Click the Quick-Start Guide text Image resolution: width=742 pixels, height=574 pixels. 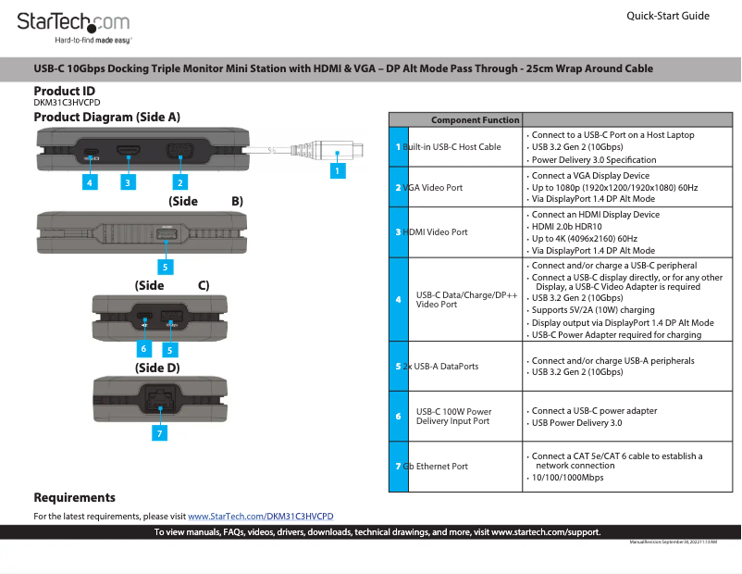[x=667, y=16]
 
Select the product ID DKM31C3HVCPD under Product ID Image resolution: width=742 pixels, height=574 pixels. [x=67, y=103]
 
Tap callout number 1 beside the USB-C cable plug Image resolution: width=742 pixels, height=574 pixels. [x=338, y=170]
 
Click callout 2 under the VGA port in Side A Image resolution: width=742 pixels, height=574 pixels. [x=181, y=182]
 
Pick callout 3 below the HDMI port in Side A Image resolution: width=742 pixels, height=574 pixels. [x=127, y=182]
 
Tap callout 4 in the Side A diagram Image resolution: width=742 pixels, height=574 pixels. [x=89, y=182]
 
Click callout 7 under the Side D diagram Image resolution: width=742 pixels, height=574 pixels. [x=159, y=432]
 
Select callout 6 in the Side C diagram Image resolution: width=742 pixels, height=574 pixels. [x=143, y=349]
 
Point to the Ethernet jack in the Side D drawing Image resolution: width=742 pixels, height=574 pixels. [x=159, y=402]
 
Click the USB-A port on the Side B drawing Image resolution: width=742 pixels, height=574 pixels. [x=165, y=234]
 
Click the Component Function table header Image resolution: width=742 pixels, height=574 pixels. [x=475, y=120]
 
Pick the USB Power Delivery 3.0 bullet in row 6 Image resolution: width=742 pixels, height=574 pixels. [x=576, y=423]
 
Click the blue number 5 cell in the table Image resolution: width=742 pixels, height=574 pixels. [x=398, y=366]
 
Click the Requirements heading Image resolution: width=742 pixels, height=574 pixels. [x=74, y=498]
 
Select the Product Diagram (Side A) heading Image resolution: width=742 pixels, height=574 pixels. [x=106, y=118]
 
